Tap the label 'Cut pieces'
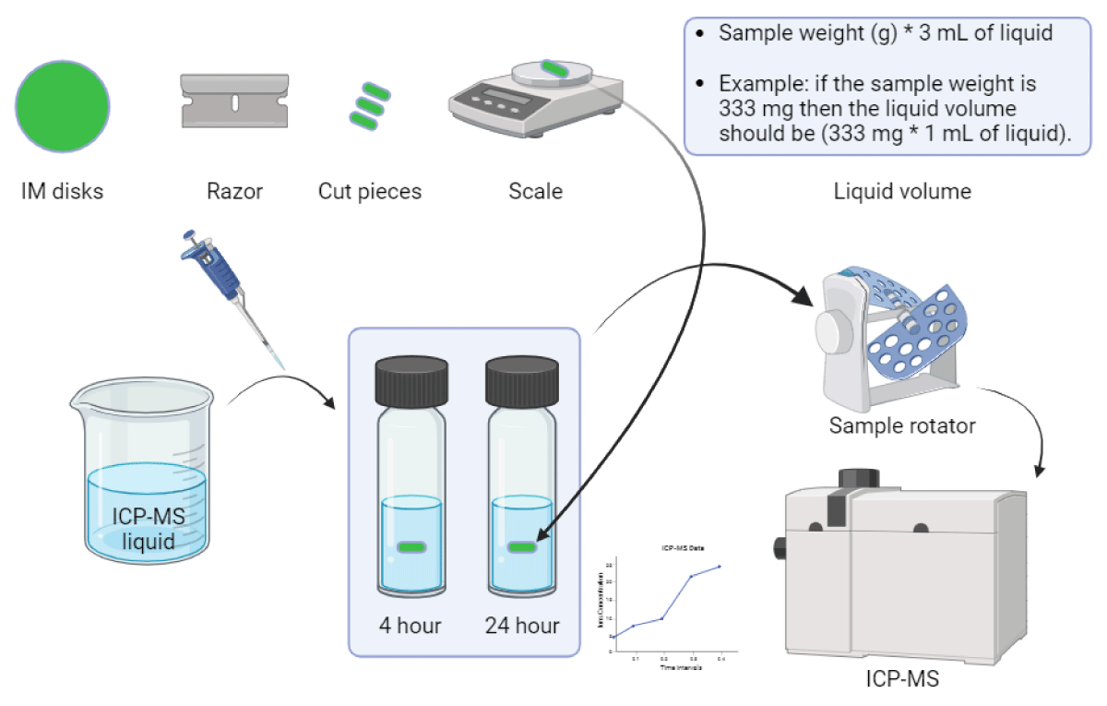pos(369,192)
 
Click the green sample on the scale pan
pos(554,68)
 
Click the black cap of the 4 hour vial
pos(411,380)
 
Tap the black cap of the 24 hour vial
pos(522,380)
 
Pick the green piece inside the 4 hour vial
pos(411,547)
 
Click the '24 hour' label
pos(522,626)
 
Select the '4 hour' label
pos(411,626)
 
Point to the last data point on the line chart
pos(720,567)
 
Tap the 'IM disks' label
pos(63,192)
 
